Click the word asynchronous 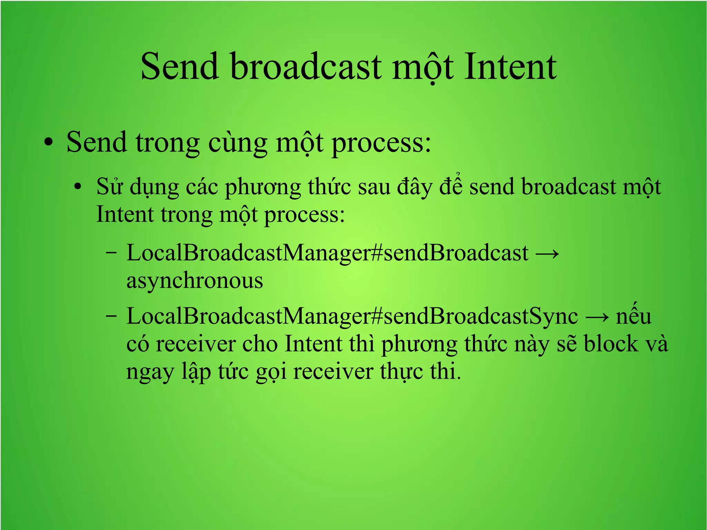[x=195, y=281]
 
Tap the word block [x=611, y=344]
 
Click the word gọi [x=271, y=373]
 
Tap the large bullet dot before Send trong [x=49, y=143]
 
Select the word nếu [x=633, y=316]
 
